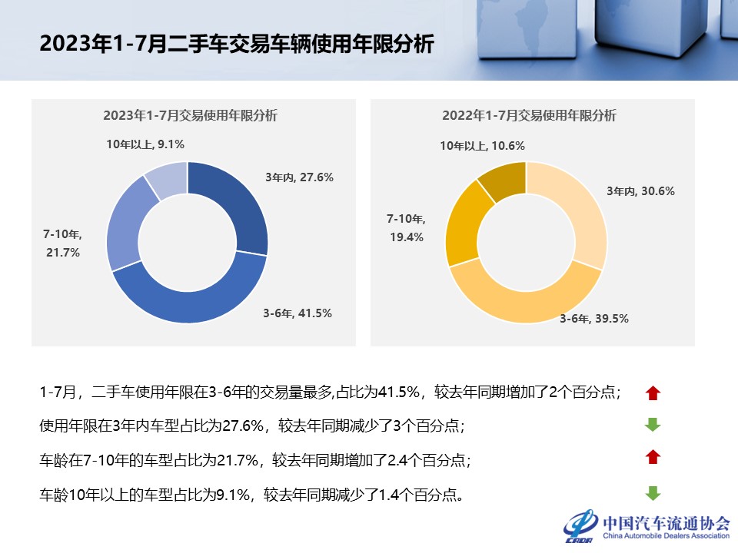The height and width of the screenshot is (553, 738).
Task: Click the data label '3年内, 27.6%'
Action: tap(299, 177)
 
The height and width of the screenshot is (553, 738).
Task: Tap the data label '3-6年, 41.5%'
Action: tap(298, 313)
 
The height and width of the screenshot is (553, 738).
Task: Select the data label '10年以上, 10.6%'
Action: tap(482, 145)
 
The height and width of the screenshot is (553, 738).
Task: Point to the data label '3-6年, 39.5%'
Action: tap(593, 318)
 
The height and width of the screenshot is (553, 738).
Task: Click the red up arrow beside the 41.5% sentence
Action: tap(653, 393)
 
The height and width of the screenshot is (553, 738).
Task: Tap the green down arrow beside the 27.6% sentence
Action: tap(653, 425)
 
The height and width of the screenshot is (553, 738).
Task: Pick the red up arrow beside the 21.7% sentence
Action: tap(653, 458)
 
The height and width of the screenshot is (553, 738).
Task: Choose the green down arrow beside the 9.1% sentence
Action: tap(653, 493)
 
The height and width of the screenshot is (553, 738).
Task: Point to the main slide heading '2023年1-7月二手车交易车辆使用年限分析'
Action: tap(237, 44)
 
